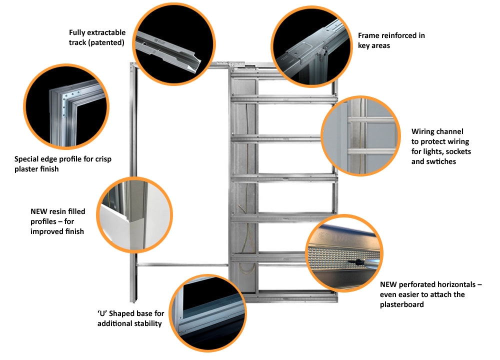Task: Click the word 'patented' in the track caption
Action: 108,42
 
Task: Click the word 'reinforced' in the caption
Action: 397,35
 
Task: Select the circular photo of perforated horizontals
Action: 343,254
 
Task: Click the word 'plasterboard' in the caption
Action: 401,304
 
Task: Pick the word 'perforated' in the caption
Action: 416,284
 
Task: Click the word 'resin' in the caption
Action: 58,211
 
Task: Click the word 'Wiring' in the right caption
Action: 423,131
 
